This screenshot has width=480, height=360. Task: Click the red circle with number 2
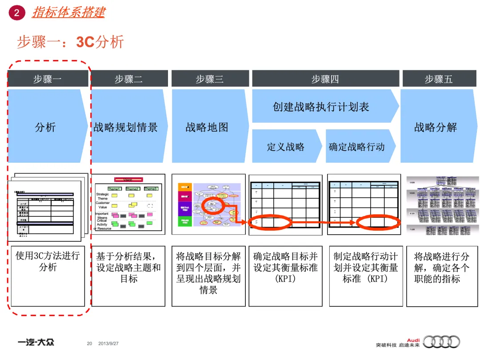(16, 13)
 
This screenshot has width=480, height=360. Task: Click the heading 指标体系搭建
(68, 12)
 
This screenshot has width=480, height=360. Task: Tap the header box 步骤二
(129, 79)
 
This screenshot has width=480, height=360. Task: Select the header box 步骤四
(325, 79)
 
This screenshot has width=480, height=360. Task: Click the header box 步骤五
(438, 79)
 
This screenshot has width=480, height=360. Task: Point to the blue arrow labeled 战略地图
(207, 127)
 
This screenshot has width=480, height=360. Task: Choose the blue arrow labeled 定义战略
(286, 147)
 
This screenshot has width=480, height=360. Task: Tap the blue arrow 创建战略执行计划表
(321, 107)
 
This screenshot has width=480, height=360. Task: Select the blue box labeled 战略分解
(436, 127)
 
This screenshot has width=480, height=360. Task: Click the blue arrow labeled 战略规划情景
(126, 127)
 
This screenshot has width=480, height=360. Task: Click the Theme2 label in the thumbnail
(132, 189)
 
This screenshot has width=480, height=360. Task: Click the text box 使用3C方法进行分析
(47, 261)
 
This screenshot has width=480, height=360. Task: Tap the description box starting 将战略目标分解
(208, 273)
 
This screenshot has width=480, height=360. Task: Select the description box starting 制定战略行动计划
(365, 268)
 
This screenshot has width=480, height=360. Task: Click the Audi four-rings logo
(441, 341)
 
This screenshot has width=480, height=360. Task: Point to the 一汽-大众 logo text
(36, 342)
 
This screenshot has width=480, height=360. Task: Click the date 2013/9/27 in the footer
(108, 344)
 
